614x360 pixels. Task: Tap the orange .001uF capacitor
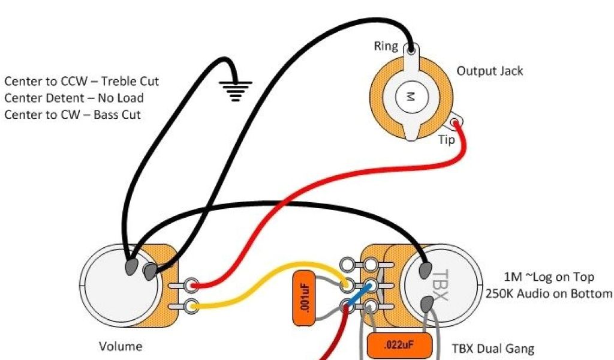(304, 298)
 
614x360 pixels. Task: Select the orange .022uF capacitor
(399, 346)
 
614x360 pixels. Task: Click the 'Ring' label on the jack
(386, 46)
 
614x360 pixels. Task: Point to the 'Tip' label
(446, 140)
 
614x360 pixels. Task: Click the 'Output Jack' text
(490, 71)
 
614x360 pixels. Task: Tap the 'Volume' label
(121, 346)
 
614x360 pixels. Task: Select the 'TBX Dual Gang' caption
(492, 349)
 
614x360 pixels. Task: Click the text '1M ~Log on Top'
(549, 277)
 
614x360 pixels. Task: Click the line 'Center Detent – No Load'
(74, 97)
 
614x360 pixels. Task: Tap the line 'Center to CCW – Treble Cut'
(82, 81)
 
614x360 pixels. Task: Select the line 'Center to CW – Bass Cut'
(73, 114)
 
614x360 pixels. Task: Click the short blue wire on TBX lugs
(357, 296)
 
